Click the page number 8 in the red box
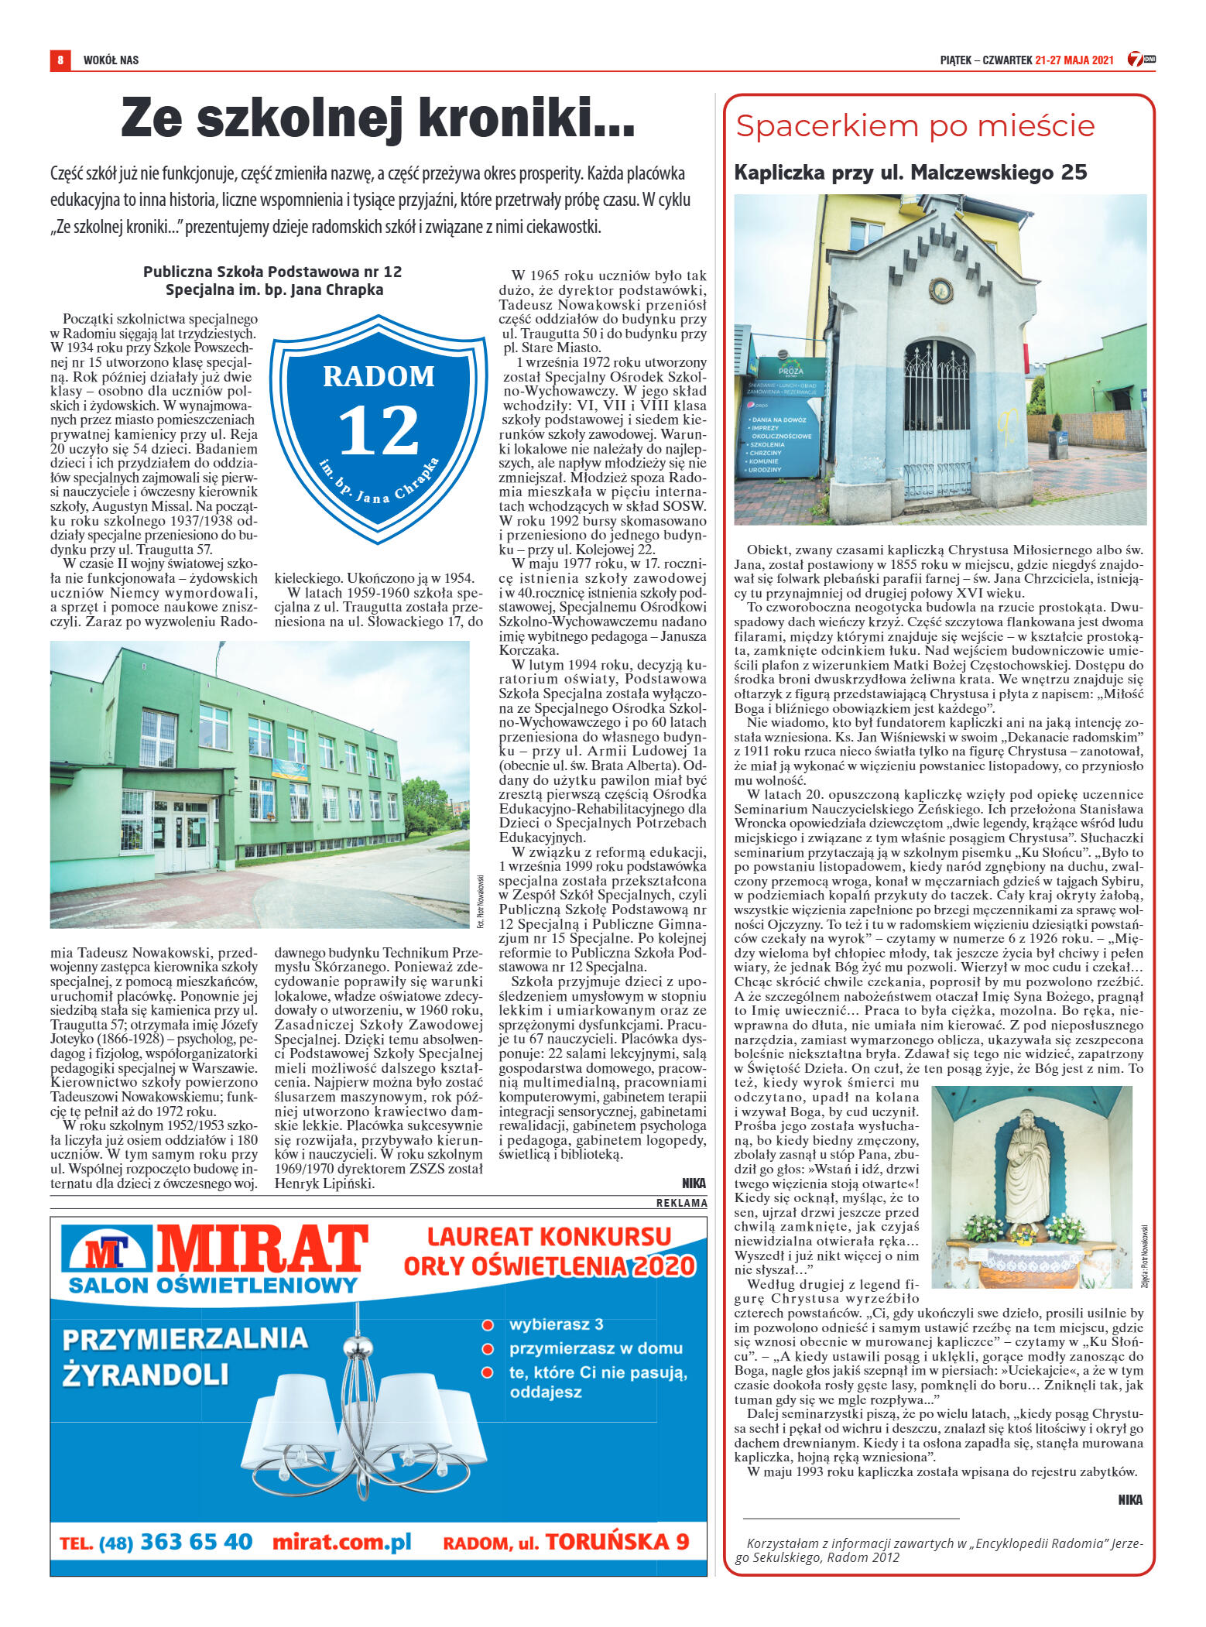tap(60, 60)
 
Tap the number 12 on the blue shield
tap(379, 430)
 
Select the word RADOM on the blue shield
tap(379, 377)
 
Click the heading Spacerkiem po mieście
tap(915, 126)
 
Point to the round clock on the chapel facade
tap(940, 292)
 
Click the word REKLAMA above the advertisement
tap(681, 1203)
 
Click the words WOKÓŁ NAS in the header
tap(111, 60)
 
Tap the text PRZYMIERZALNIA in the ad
tap(185, 1338)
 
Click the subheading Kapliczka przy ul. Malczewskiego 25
tap(910, 173)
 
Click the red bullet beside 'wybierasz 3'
tap(488, 1324)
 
